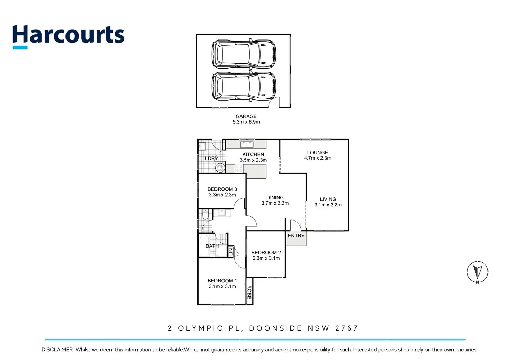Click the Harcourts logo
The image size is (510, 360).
[x=68, y=36]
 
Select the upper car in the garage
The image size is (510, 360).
[x=244, y=54]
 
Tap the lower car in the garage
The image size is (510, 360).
[x=244, y=86]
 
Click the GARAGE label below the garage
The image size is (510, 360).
[x=246, y=116]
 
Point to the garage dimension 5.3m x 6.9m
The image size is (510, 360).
[x=246, y=122]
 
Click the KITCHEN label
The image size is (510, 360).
[x=253, y=154]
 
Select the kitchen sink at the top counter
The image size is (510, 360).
[x=247, y=144]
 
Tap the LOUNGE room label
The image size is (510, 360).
[x=317, y=152]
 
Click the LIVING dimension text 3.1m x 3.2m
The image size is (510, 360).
[x=328, y=205]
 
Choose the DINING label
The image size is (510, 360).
[x=275, y=198]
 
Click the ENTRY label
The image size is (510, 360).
[x=296, y=236]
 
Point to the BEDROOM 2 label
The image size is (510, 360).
[x=266, y=253]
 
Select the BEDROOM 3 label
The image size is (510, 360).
[x=222, y=189]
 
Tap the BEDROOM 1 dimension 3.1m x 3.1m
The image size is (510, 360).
[x=222, y=286]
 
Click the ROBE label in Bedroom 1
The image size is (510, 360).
[x=249, y=292]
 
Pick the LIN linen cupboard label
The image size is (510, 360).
[x=231, y=252]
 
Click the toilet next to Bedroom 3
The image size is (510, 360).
[x=205, y=216]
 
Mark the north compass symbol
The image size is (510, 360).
[x=477, y=272]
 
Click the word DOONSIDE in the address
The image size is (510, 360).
[x=275, y=328]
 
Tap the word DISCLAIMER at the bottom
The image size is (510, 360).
[x=57, y=350]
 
